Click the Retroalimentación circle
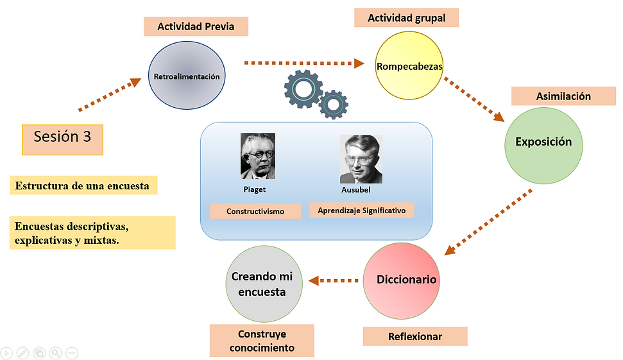tap(187, 76)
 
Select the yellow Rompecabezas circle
tap(409, 65)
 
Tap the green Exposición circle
tap(543, 142)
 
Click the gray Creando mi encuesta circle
tap(262, 284)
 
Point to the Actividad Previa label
tap(196, 27)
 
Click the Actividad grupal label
tap(406, 18)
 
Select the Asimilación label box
tap(563, 96)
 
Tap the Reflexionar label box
tap(414, 336)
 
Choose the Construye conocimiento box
tap(262, 341)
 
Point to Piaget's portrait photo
tap(257, 156)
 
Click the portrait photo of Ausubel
tap(361, 159)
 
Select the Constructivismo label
tap(255, 211)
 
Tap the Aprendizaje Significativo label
tap(362, 210)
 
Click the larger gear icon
tap(303, 89)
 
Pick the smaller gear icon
tap(334, 105)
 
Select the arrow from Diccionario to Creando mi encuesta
tap(334, 280)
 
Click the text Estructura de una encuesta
tap(82, 186)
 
